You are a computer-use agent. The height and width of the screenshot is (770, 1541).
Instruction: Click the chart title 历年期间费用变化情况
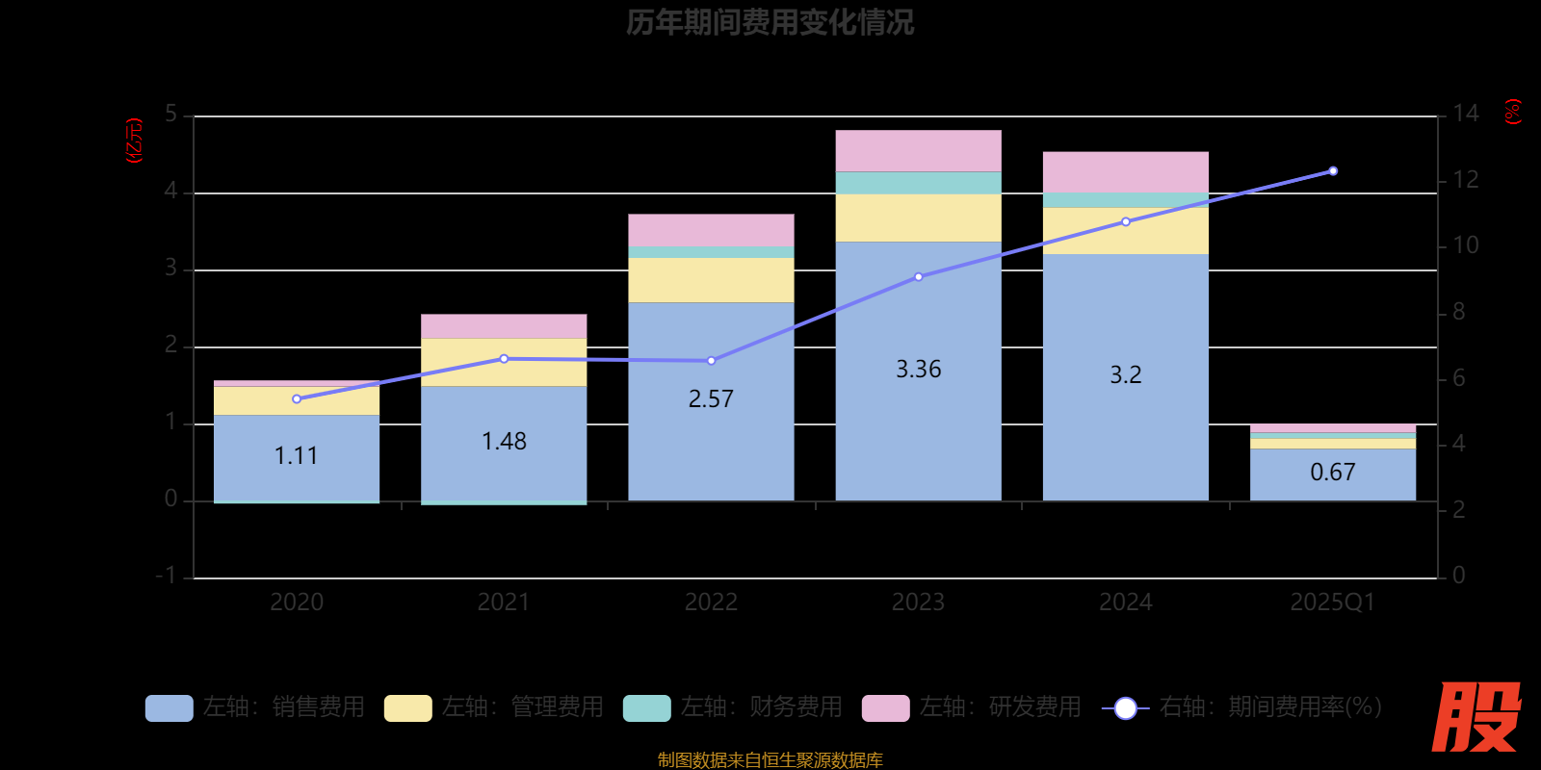770,22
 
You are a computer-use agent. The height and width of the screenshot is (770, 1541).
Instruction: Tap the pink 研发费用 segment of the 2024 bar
1125,171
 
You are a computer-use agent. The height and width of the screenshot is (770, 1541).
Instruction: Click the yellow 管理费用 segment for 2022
711,280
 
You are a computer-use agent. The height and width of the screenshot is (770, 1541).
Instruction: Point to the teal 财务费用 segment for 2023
918,183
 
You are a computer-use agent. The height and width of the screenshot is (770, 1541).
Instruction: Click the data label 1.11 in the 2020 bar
296,455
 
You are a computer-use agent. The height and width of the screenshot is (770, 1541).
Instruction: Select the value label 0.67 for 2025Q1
1332,472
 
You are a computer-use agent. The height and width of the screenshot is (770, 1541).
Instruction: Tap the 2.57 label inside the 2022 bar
711,398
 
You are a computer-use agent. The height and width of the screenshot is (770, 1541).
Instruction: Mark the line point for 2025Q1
1333,171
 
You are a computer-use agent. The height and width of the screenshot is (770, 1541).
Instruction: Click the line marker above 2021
504,359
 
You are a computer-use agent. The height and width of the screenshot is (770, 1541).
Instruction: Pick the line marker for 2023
918,277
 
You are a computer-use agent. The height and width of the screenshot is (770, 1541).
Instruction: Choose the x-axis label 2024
1125,603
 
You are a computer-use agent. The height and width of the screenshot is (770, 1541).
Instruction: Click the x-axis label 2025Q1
1332,603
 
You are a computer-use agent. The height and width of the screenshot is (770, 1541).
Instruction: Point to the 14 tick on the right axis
1465,114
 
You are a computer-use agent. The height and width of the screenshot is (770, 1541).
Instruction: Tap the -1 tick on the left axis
167,576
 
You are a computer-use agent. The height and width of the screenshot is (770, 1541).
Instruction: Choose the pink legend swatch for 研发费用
885,708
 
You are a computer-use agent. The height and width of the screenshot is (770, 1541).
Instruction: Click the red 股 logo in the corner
1476,717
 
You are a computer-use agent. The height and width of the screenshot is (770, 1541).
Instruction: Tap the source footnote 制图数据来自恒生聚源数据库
770,760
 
